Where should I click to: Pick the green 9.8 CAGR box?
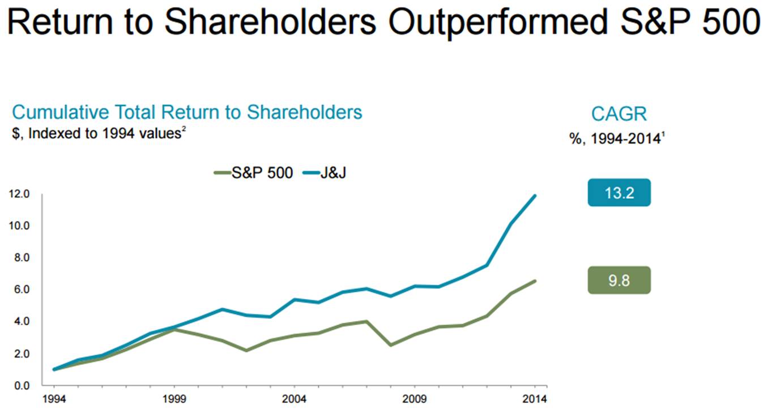coord(619,280)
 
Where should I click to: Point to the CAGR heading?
coord(619,114)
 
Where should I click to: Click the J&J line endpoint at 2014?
coord(535,196)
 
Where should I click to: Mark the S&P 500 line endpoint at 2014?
coord(535,281)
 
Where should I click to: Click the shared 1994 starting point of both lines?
coord(54,369)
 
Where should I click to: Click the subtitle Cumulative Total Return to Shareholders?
coord(187,112)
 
